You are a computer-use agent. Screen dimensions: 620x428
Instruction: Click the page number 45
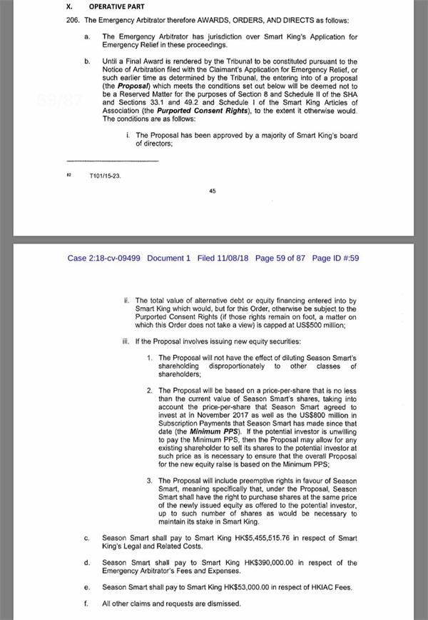[x=213, y=191]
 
